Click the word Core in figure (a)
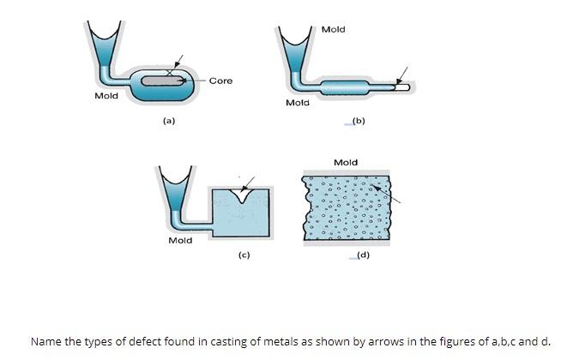pos(220,81)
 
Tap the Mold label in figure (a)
pos(106,96)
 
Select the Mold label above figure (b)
pos(333,29)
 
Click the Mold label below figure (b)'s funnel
pos(297,103)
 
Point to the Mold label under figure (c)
pos(180,241)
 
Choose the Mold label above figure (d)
pos(345,162)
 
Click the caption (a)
pos(169,122)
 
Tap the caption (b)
pos(359,122)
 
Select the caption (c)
pos(244,255)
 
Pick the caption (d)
pos(363,255)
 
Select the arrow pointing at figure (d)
pos(390,195)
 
